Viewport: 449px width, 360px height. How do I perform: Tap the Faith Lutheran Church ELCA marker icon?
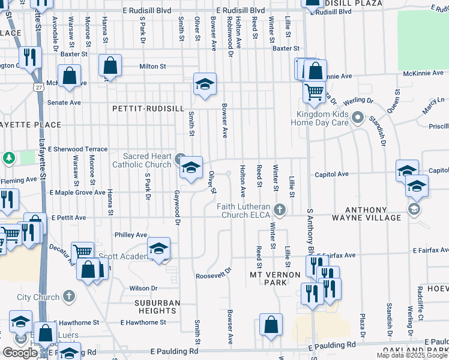tap(279, 210)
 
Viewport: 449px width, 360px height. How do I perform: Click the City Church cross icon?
tap(69, 296)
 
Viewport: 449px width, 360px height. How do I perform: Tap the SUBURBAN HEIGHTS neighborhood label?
tap(156, 307)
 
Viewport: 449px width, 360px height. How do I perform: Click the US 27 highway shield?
tap(38, 88)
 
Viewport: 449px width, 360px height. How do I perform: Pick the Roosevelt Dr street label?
tap(213, 273)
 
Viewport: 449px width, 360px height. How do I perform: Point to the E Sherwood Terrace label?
tap(78, 149)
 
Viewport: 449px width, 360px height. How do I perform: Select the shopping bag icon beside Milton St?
tap(110, 66)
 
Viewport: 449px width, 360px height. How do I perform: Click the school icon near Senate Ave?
tap(205, 84)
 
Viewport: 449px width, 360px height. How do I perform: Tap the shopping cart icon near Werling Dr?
tap(314, 92)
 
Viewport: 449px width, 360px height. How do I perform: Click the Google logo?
tap(20, 353)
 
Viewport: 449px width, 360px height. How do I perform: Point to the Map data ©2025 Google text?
tap(411, 355)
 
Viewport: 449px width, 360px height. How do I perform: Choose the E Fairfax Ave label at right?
tap(430, 250)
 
